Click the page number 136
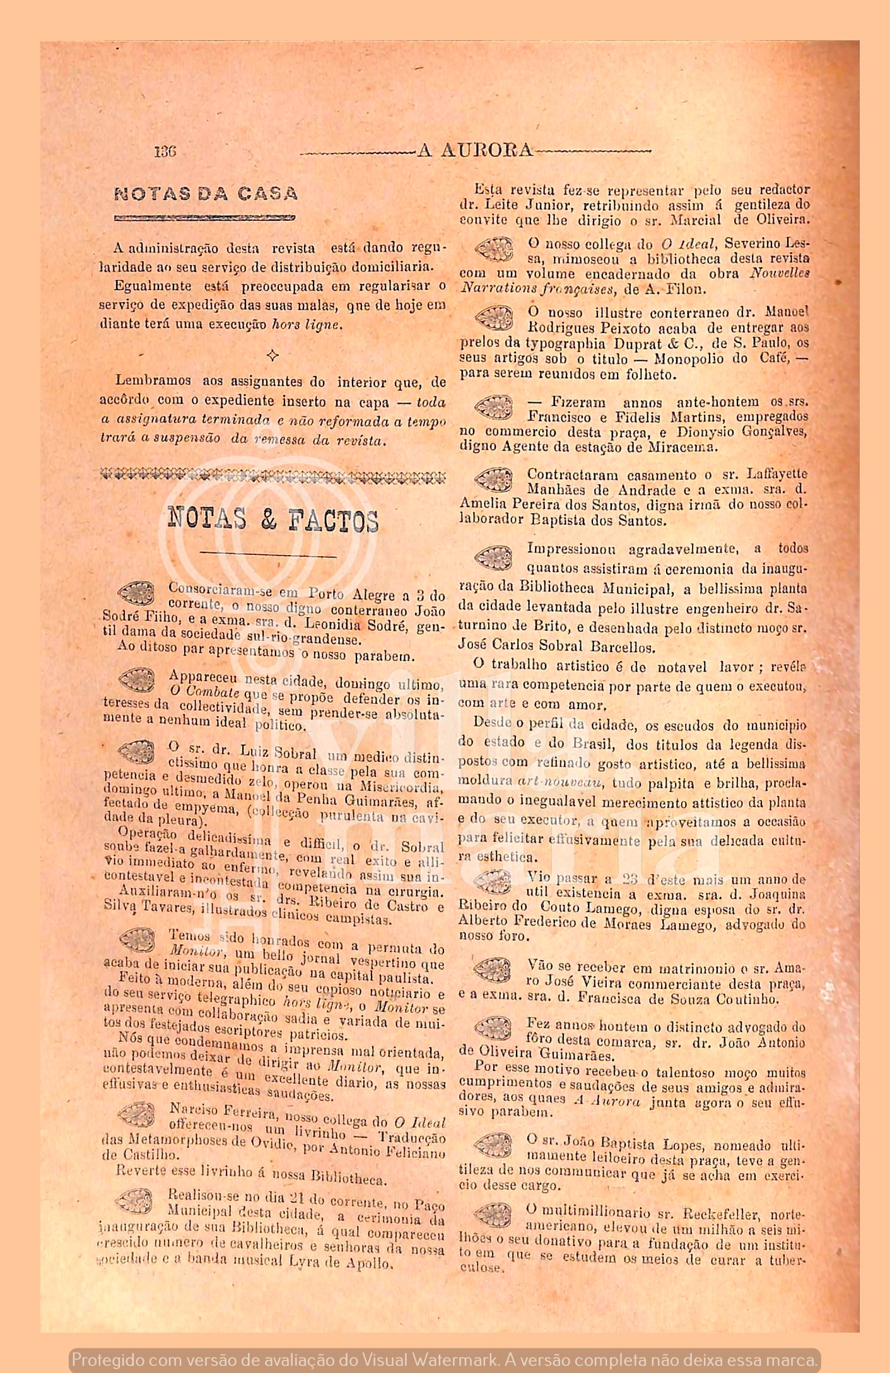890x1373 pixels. click(x=165, y=152)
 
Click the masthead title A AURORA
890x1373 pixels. click(x=475, y=151)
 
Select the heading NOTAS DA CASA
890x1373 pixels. click(x=206, y=194)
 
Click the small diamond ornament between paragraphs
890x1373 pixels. click(x=272, y=356)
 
